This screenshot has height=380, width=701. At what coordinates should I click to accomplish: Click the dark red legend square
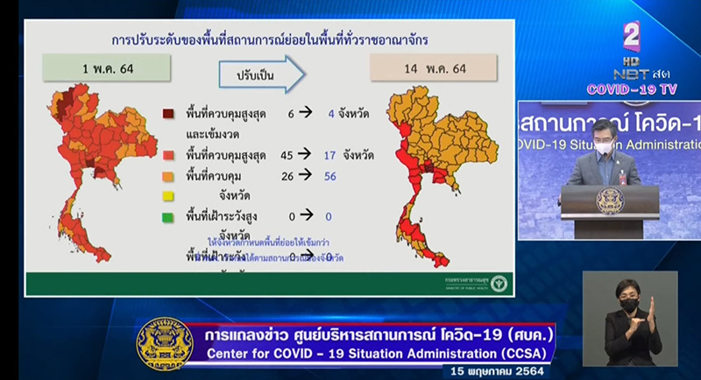(167, 113)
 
